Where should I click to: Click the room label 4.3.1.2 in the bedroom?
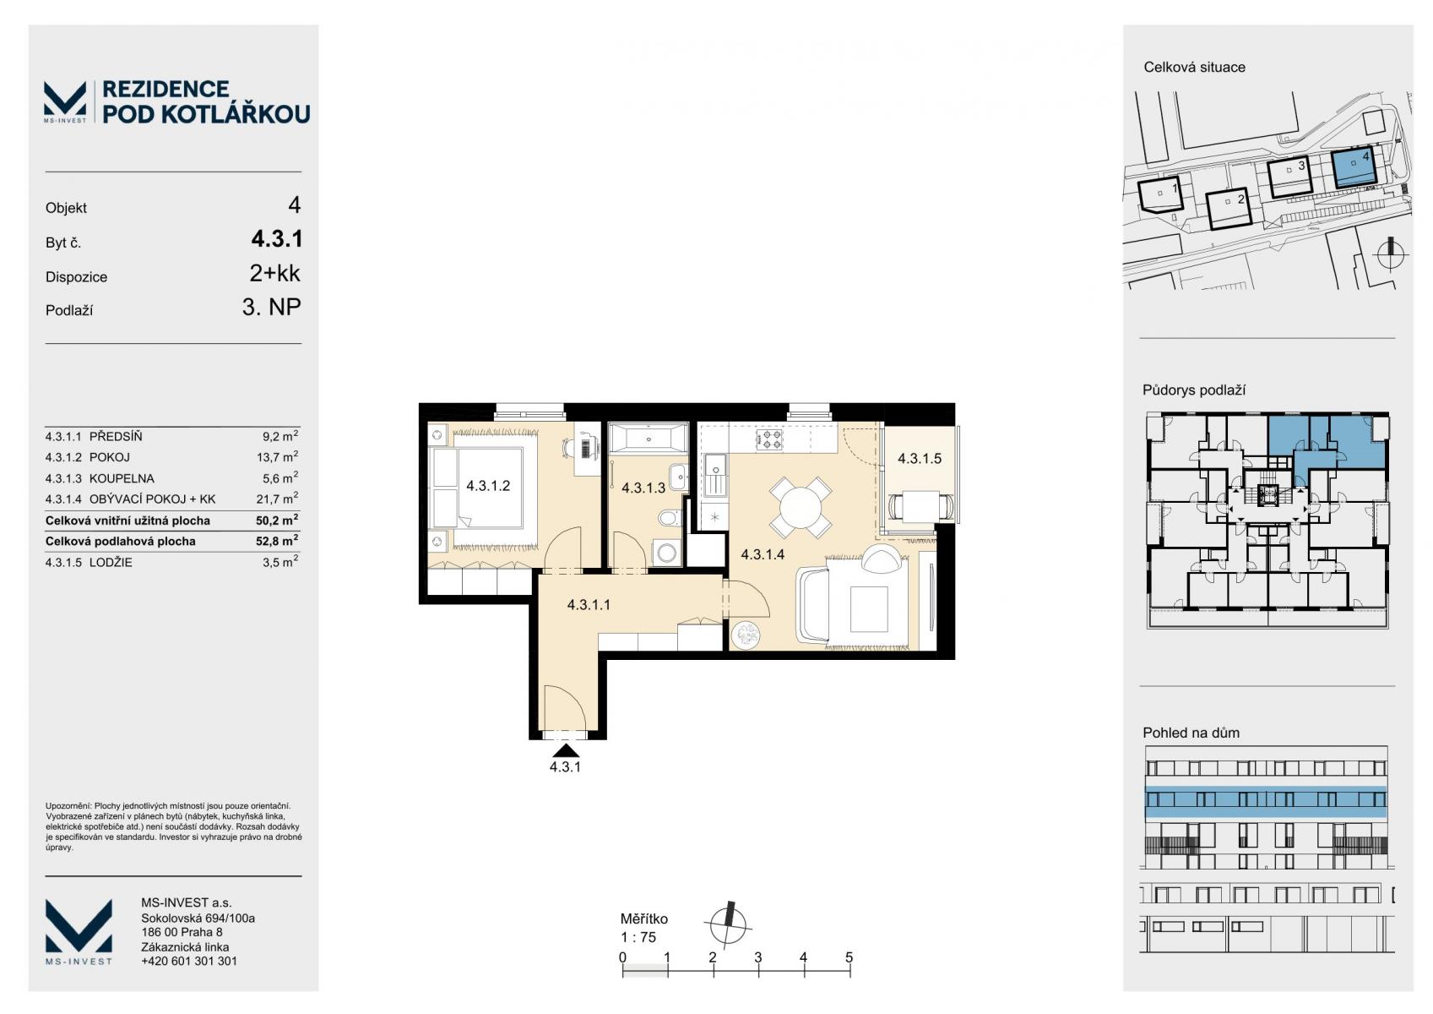(488, 486)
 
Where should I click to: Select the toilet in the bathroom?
(670, 518)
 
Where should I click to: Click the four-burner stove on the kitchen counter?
(769, 439)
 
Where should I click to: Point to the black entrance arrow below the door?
(566, 751)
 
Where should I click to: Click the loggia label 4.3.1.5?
(920, 458)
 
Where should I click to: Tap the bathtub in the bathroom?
(648, 439)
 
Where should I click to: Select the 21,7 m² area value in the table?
(277, 499)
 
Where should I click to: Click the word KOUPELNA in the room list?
(122, 478)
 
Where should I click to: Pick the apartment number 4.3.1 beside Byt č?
(276, 239)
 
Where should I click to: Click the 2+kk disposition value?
(274, 273)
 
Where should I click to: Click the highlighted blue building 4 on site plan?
(1353, 167)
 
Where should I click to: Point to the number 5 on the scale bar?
(849, 957)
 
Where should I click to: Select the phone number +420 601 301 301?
(188, 961)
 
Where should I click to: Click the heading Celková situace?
(1194, 68)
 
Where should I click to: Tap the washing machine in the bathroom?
(666, 553)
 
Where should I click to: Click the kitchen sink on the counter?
(715, 475)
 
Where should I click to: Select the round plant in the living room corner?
(746, 635)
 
